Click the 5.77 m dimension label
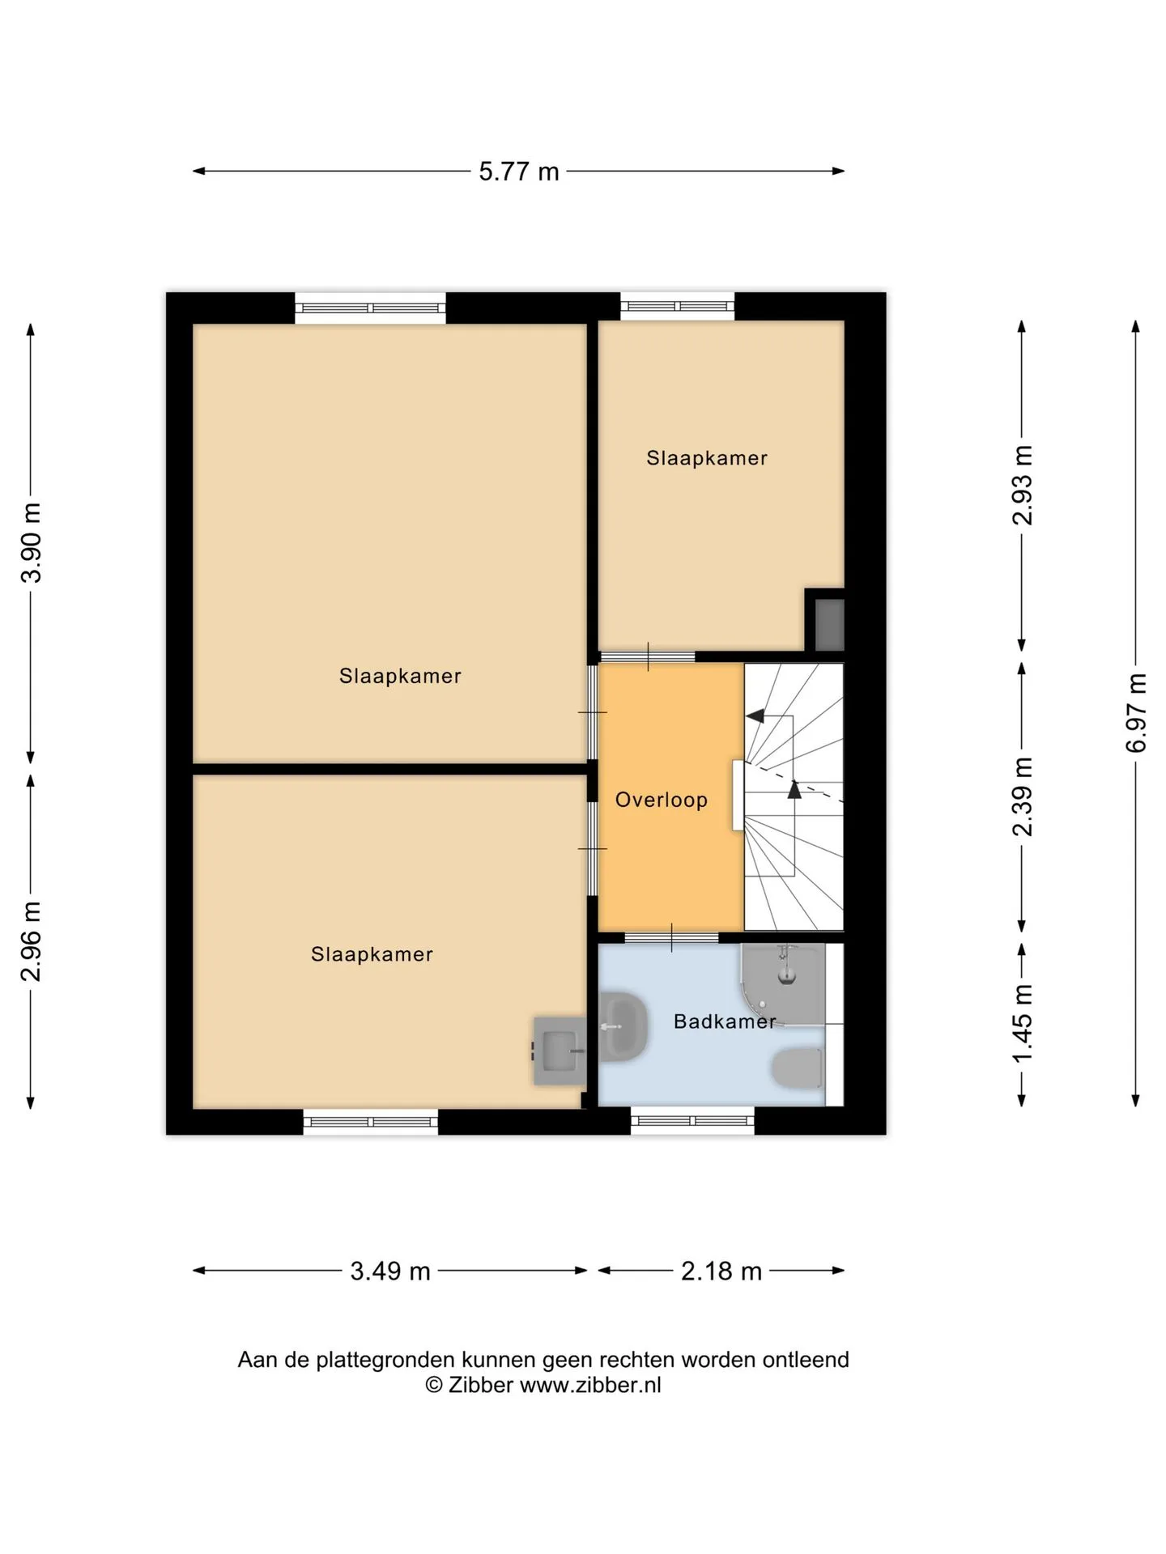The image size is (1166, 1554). coord(519,172)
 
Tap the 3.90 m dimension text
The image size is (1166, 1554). coord(32,542)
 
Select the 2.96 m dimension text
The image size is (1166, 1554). coord(32,941)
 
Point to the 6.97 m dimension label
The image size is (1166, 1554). coord(1137,712)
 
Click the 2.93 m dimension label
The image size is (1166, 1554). coord(1023,485)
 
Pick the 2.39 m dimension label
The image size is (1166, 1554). coord(1023,796)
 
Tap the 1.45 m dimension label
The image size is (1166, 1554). coord(1023,1023)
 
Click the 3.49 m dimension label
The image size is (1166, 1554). coord(390,1272)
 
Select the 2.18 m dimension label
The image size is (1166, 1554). coord(721,1272)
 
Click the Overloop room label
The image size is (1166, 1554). coord(662,800)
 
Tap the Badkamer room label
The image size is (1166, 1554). coord(725,1022)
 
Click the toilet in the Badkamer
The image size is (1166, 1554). coord(798,1068)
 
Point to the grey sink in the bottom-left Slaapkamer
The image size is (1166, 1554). coord(560,1051)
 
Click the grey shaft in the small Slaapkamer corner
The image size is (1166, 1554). coord(829,624)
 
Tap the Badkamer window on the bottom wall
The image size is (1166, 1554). coord(692,1121)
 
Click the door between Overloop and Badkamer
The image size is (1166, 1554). coord(671,938)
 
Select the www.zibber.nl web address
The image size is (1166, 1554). coord(590,1385)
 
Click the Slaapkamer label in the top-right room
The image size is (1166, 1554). coord(707,459)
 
